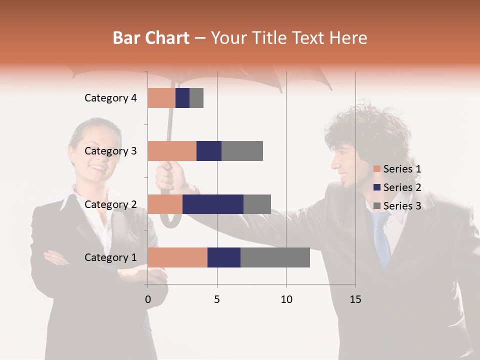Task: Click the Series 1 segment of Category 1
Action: [x=177, y=257]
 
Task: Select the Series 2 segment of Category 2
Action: [x=213, y=204]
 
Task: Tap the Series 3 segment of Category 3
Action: [x=242, y=151]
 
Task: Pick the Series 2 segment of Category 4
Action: [x=182, y=98]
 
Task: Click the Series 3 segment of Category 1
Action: [x=275, y=257]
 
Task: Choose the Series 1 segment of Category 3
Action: [x=172, y=151]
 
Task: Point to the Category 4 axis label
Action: [x=110, y=98]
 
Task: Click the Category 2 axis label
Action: [x=110, y=204]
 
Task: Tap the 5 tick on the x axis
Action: [x=217, y=299]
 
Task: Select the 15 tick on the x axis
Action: [x=355, y=299]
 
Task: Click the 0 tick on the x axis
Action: [x=147, y=299]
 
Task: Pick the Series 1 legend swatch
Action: [x=377, y=169]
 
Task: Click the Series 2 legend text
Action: [x=402, y=187]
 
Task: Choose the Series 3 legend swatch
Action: [x=377, y=206]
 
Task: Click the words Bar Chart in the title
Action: [x=151, y=38]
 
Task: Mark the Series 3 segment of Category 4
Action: [x=196, y=98]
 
